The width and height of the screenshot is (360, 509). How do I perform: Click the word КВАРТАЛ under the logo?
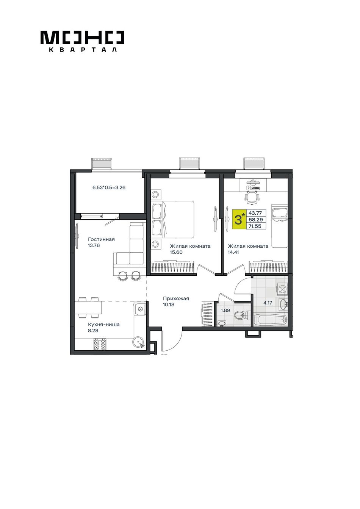click(x=83, y=50)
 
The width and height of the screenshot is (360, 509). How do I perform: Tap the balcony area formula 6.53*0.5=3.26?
click(x=109, y=188)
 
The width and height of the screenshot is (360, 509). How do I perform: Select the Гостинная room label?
click(x=102, y=239)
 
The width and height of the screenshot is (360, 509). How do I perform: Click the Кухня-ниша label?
click(x=104, y=325)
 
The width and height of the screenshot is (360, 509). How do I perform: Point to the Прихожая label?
click(x=176, y=298)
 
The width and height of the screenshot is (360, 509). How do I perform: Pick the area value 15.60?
click(x=176, y=252)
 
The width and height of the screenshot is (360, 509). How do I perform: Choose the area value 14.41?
click(x=233, y=252)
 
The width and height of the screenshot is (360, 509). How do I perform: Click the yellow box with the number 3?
click(x=239, y=220)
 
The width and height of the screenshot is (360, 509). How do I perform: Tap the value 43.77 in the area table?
click(x=255, y=213)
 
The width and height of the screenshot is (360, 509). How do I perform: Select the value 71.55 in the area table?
click(x=255, y=226)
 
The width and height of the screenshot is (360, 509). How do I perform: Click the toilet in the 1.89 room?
click(x=241, y=315)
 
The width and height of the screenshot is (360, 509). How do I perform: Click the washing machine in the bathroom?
click(x=282, y=289)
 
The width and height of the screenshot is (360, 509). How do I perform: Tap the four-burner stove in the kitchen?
click(x=100, y=344)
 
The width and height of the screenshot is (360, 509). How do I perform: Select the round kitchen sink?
click(x=138, y=342)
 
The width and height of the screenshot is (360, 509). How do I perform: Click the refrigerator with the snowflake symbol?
click(x=139, y=308)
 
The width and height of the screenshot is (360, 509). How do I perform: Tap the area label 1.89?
click(x=225, y=311)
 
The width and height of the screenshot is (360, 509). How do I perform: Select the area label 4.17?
click(x=268, y=303)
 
